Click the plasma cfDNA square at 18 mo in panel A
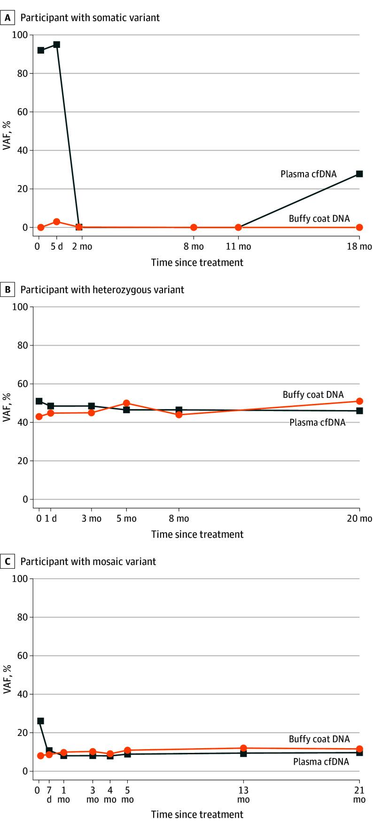pos(359,174)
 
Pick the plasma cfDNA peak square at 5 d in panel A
pos(56,45)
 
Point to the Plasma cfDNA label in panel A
pos(308,174)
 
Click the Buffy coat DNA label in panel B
pos(313,395)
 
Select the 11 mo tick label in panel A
pos(238,247)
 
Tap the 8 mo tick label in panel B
pos(179,518)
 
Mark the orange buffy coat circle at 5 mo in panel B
pos(126,403)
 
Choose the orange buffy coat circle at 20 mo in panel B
pos(359,401)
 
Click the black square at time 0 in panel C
pos(41,721)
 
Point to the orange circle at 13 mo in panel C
pos(243,748)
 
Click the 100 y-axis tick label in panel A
pos(22,35)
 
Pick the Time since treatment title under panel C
pos(197,814)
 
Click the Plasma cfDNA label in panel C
pos(321,762)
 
